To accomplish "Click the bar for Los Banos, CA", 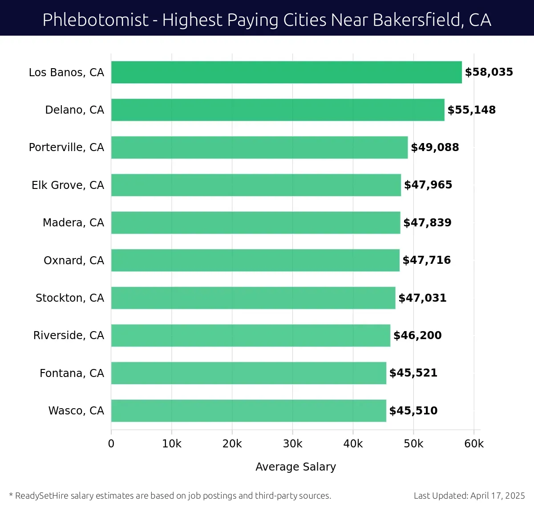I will [x=286, y=72].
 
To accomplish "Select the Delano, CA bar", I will [x=278, y=110].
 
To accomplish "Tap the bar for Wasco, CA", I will [x=248, y=410].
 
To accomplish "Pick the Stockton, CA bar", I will [x=253, y=298].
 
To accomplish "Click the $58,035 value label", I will [x=489, y=72].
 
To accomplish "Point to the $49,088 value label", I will [x=435, y=147].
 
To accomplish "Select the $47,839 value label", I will [x=427, y=223].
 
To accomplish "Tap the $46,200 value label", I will [x=417, y=336].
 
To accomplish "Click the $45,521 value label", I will [x=413, y=373].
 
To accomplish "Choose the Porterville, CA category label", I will [x=66, y=147].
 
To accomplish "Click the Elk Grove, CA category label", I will [x=68, y=185].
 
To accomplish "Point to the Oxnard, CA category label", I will [x=74, y=260].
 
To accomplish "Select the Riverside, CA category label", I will [x=69, y=336].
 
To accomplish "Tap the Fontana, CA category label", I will [x=72, y=373].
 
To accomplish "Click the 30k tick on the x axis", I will [x=292, y=444].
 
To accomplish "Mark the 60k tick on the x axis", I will [x=474, y=444].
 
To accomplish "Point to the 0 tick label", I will [x=111, y=444].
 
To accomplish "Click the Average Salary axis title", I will [x=295, y=467].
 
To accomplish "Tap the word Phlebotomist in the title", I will [x=95, y=20].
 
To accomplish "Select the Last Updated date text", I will [x=469, y=496].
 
